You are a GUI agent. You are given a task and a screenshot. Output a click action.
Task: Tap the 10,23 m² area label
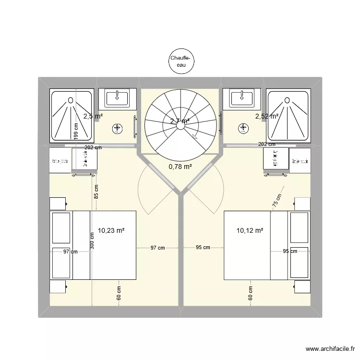coord(111,230)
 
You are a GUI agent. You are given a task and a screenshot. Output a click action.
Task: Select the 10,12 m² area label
coord(250,230)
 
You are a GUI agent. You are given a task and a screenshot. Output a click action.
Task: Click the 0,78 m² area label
coord(180,167)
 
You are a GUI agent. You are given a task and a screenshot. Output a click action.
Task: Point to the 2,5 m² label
coord(92,116)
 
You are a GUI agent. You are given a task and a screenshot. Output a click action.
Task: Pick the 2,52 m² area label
coord(267,116)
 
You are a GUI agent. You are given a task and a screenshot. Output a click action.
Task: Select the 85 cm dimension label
coord(96,192)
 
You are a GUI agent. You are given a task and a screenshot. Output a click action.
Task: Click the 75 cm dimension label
coord(277,200)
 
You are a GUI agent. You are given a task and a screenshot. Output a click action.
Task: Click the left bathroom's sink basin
coord(117,98)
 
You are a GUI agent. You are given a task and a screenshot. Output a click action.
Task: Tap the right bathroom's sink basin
coord(242,98)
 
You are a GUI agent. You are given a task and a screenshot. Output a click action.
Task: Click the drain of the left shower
coord(71,100)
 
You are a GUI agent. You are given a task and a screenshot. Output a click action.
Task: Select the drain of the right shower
coord(287,100)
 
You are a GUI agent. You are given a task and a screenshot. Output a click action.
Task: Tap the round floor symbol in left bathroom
coord(117,128)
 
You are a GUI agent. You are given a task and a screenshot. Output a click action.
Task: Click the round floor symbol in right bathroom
coord(243,128)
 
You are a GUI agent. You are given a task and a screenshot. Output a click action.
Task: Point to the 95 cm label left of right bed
coord(203,248)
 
